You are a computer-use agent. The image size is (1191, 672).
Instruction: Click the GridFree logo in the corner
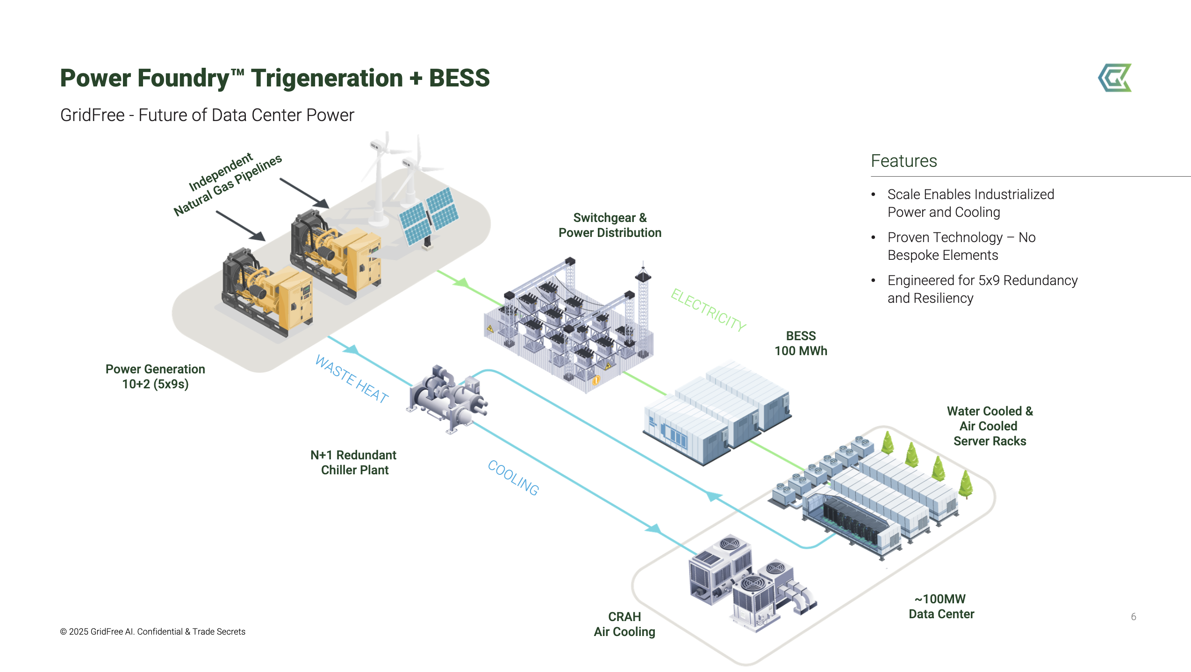[1115, 78]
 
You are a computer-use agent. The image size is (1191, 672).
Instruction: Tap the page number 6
[1133, 616]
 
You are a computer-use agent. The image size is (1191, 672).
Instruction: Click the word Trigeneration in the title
[327, 78]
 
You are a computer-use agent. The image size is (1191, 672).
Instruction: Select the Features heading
[904, 161]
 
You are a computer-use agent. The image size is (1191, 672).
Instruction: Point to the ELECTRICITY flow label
[708, 310]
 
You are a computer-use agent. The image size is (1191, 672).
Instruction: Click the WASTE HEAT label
[352, 379]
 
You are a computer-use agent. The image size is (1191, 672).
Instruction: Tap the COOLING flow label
[513, 477]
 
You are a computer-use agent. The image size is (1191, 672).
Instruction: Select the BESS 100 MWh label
[801, 343]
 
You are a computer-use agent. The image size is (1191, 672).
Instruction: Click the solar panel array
[428, 216]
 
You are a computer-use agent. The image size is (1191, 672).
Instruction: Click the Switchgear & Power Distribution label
[610, 225]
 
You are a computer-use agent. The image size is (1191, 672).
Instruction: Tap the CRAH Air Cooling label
[624, 624]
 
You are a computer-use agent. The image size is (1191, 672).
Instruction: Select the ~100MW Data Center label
[941, 606]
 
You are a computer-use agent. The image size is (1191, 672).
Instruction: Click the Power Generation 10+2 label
[155, 377]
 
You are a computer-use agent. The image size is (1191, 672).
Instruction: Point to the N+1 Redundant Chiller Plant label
[354, 462]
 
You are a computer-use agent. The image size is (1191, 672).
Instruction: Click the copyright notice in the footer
[153, 631]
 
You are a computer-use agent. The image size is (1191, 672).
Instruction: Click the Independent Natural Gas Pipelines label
[228, 184]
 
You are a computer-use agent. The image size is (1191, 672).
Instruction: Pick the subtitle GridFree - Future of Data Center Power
[207, 115]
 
